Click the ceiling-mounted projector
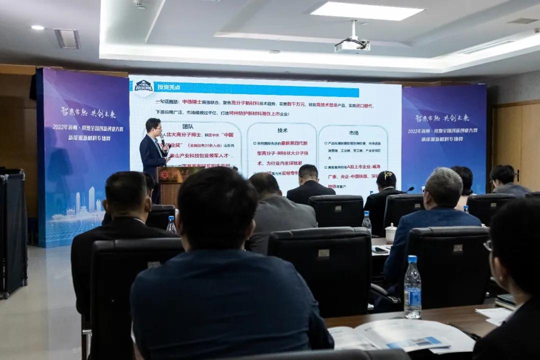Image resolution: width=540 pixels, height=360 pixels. (352, 45)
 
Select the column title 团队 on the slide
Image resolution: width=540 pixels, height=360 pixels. (187, 127)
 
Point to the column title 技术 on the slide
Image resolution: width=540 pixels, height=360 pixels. (282, 130)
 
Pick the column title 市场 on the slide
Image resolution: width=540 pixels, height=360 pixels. (353, 132)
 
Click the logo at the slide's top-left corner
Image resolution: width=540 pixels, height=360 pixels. (144, 85)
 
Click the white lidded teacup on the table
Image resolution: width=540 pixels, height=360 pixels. (390, 232)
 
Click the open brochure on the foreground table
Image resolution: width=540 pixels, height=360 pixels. (400, 335)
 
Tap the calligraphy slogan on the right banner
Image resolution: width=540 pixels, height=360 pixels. (442, 118)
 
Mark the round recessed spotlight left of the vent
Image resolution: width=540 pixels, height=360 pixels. (37, 27)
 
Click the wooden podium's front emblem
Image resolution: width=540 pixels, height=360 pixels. (164, 175)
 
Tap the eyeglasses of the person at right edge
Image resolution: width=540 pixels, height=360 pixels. (487, 245)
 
